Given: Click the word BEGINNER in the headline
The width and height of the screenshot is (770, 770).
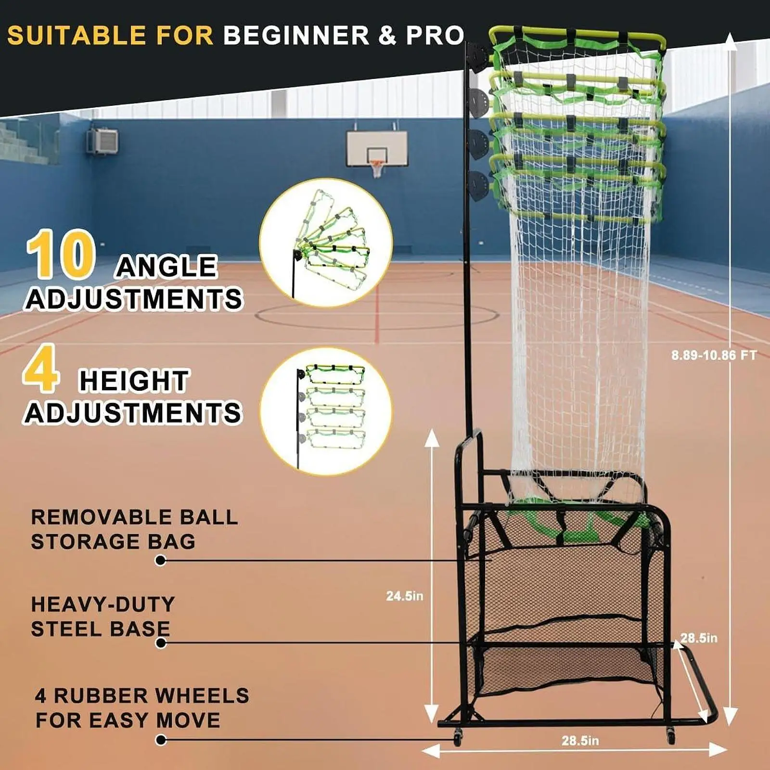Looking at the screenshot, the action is tap(296, 35).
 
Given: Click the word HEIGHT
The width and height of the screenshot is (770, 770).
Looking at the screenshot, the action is tap(134, 381).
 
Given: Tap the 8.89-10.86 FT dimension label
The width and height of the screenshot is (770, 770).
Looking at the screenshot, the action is tap(714, 355).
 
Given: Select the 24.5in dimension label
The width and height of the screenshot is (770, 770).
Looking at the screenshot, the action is tap(405, 596).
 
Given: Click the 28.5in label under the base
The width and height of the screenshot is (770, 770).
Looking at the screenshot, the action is tap(580, 741).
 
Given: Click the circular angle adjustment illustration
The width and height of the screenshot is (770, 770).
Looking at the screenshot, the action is tap(326, 243).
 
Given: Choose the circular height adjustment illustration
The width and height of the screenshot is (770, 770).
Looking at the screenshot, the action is tap(326, 412).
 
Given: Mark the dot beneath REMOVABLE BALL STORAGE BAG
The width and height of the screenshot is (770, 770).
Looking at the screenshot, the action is tap(161, 560).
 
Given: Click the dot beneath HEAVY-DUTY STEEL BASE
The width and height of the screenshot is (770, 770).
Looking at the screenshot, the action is tap(161, 643).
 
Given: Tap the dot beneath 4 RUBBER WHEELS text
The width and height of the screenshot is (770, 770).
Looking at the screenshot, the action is tap(161, 740).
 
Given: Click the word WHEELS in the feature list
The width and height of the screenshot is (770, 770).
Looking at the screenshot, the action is tap(202, 695).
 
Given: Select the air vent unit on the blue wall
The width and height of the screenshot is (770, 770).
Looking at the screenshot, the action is tap(103, 141).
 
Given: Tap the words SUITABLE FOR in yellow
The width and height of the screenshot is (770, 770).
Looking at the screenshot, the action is tap(110, 35).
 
